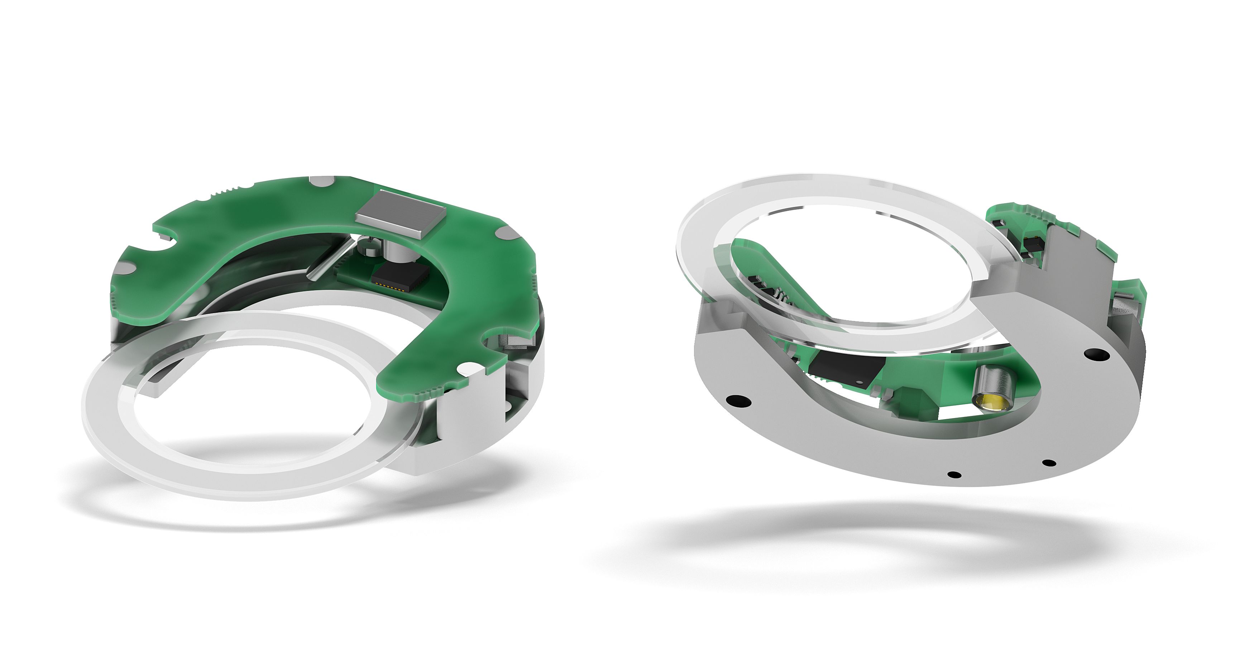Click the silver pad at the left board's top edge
322,181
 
